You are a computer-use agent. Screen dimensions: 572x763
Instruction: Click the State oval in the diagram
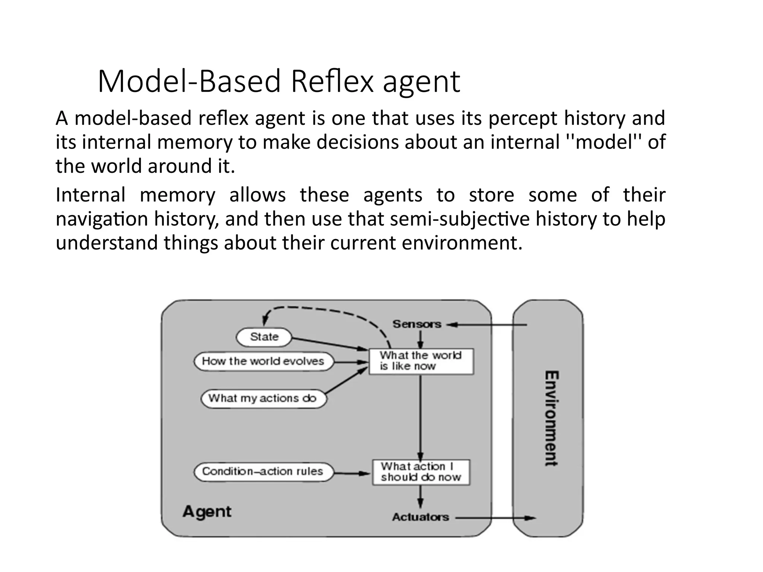264,337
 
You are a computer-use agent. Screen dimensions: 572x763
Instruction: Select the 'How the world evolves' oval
263,361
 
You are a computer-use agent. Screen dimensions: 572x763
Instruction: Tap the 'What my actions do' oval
263,398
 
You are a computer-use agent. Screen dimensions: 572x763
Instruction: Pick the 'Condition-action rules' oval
263,471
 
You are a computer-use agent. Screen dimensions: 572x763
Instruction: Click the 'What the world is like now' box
421,361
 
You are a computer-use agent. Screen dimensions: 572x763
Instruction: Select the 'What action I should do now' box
421,472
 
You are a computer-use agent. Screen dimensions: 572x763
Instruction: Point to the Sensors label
417,324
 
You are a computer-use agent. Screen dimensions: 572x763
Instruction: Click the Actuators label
421,517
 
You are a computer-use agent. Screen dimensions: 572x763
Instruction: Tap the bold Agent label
207,511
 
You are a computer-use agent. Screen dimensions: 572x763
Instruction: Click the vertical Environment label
551,418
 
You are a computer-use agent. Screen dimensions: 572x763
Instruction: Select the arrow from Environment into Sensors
488,325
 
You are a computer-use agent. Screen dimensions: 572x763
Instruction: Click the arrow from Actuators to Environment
496,518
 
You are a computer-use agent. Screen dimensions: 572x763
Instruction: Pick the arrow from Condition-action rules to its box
352,473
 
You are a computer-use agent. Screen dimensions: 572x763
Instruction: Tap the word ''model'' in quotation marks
604,142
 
